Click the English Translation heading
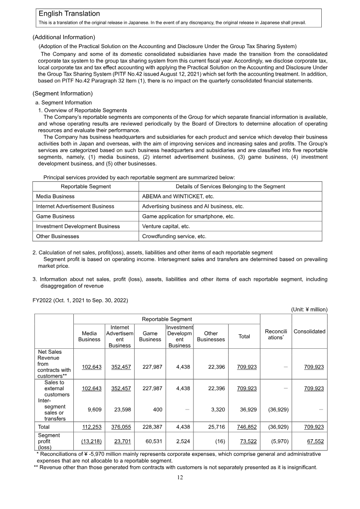69,14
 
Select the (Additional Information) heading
63,37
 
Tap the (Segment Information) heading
63,94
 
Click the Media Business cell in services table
55,196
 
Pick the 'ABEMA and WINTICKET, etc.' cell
178,196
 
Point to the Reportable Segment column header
85,186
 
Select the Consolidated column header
309,331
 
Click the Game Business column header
150,336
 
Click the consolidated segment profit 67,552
314,441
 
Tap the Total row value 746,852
247,427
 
